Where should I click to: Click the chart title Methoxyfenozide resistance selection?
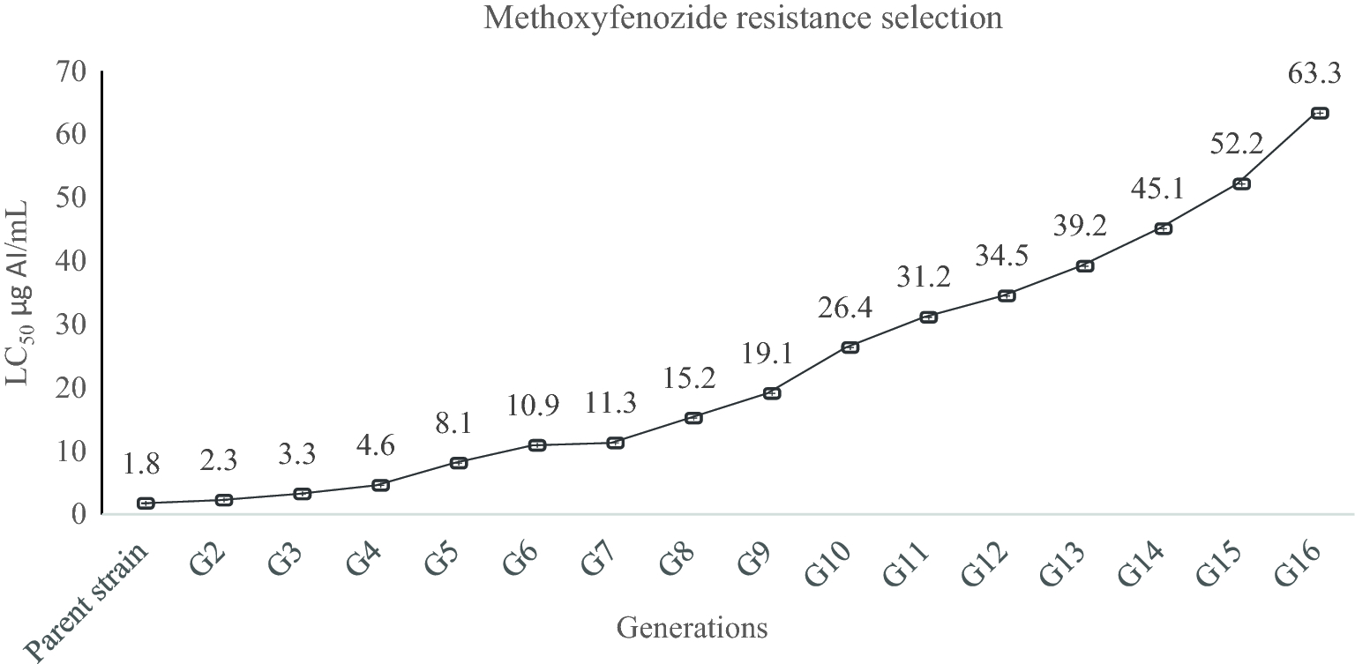[742, 19]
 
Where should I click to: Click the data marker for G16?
[1320, 113]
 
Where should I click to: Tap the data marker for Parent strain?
[146, 504]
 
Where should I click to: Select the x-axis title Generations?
[692, 628]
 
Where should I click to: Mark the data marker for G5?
[459, 462]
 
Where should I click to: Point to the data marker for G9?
[772, 393]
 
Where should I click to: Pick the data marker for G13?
[1085, 265]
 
